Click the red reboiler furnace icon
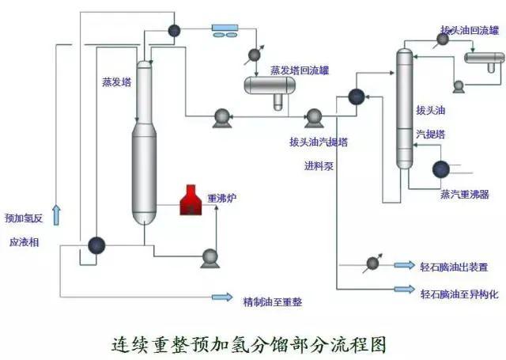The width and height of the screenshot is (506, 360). pos(190,200)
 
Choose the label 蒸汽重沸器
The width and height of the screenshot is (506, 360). pos(464,193)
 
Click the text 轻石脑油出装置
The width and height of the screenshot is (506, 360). pos(454,267)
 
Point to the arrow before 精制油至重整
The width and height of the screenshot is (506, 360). pos(222,297)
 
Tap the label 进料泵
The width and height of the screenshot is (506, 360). pos(319,166)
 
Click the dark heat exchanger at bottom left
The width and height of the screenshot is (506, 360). pos(97,245)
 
